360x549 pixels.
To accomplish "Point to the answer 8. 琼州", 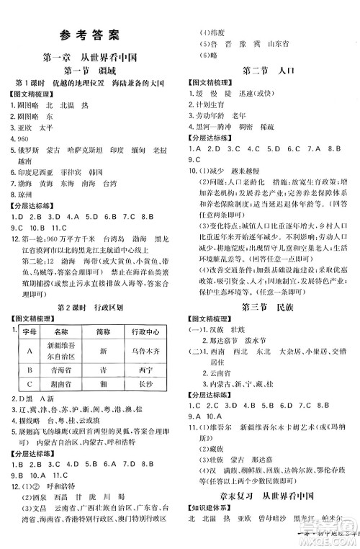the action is point(24,195).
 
